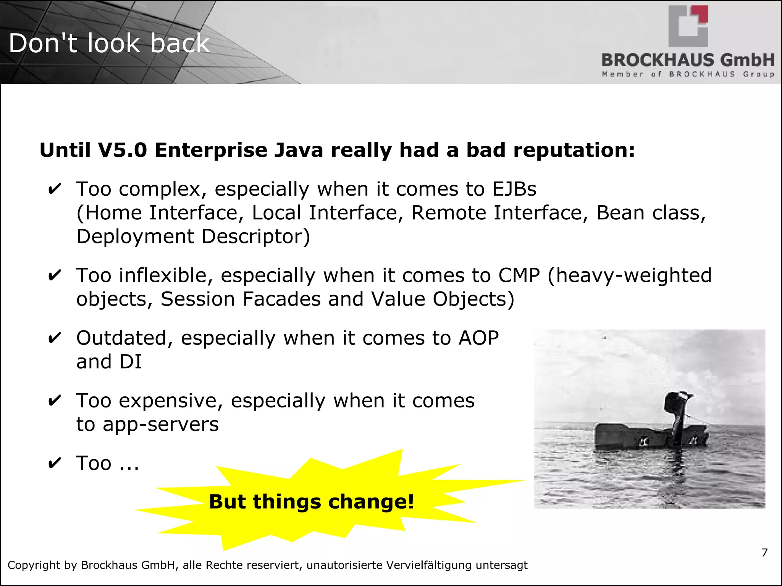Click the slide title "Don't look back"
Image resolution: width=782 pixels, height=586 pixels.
(x=109, y=43)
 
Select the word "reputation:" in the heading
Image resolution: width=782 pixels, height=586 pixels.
(x=574, y=150)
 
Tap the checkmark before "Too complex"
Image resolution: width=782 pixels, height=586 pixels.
(x=54, y=189)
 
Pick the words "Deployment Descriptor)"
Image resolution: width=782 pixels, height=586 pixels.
(x=193, y=237)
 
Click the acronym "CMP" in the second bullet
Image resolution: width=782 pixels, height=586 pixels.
(x=519, y=275)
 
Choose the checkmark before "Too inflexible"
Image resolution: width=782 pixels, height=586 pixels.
(x=54, y=275)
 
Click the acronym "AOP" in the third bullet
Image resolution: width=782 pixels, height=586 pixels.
(x=478, y=338)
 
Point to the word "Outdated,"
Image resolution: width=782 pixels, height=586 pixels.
(x=124, y=338)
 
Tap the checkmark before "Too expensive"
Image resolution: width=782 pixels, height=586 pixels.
(x=54, y=401)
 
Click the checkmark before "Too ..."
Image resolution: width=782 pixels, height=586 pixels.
(x=54, y=463)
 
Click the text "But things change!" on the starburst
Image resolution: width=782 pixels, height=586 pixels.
(x=311, y=501)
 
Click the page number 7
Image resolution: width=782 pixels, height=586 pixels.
(x=764, y=552)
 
